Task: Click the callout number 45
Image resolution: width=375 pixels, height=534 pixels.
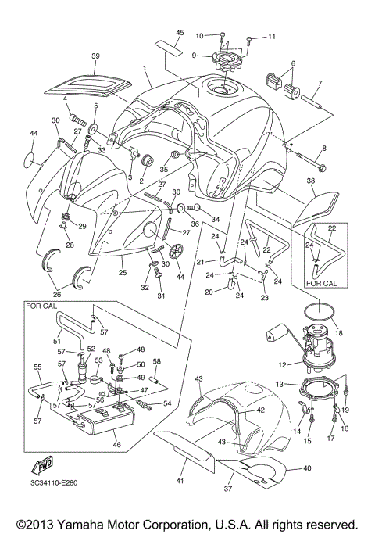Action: [180, 32]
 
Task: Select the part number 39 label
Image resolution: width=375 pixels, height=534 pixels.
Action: [96, 56]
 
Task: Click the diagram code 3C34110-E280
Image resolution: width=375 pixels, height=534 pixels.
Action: [52, 504]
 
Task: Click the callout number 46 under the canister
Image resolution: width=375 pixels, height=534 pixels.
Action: [118, 445]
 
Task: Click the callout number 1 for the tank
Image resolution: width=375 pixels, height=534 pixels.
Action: [146, 69]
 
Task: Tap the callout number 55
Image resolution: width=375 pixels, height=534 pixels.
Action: [37, 367]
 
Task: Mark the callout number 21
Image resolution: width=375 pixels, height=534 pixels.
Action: [200, 261]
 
